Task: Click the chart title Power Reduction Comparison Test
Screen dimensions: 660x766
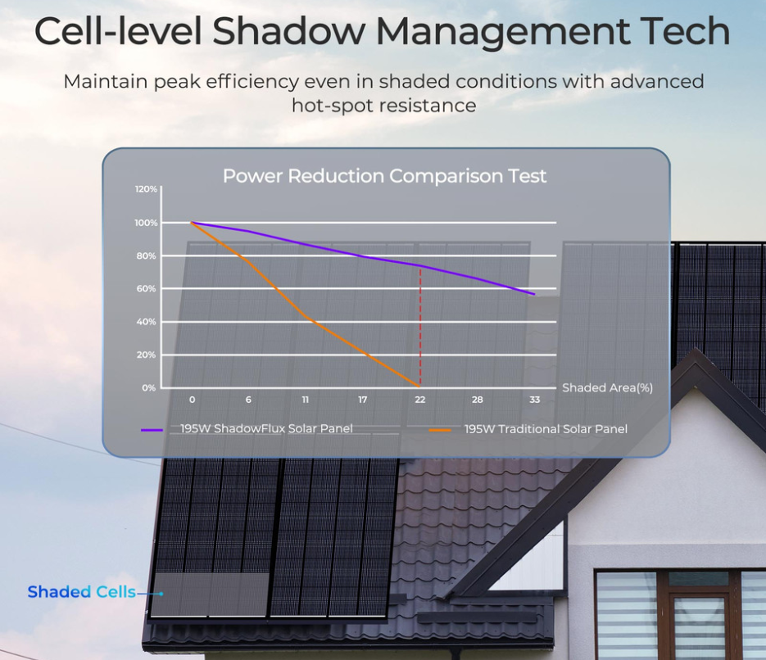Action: (x=384, y=176)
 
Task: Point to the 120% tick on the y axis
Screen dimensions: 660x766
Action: (x=146, y=189)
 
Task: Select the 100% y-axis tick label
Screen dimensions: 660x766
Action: (x=146, y=223)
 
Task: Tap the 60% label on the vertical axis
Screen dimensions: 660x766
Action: (x=146, y=289)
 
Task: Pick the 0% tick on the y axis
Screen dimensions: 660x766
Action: (x=148, y=388)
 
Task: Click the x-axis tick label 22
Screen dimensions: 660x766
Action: (x=420, y=400)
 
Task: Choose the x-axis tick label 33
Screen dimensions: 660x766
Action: (x=535, y=400)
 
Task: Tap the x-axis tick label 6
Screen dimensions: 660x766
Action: (x=248, y=400)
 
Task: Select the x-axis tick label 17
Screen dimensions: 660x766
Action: (x=363, y=400)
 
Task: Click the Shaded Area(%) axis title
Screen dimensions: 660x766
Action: (x=607, y=388)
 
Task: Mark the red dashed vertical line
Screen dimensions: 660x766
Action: (x=420, y=328)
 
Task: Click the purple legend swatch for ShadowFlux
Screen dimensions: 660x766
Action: (x=152, y=429)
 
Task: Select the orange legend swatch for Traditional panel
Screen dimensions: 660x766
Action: (x=440, y=429)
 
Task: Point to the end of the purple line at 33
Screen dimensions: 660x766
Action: (x=534, y=294)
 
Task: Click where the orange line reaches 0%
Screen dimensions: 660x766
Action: (x=419, y=386)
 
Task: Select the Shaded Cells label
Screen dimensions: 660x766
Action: (x=81, y=592)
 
